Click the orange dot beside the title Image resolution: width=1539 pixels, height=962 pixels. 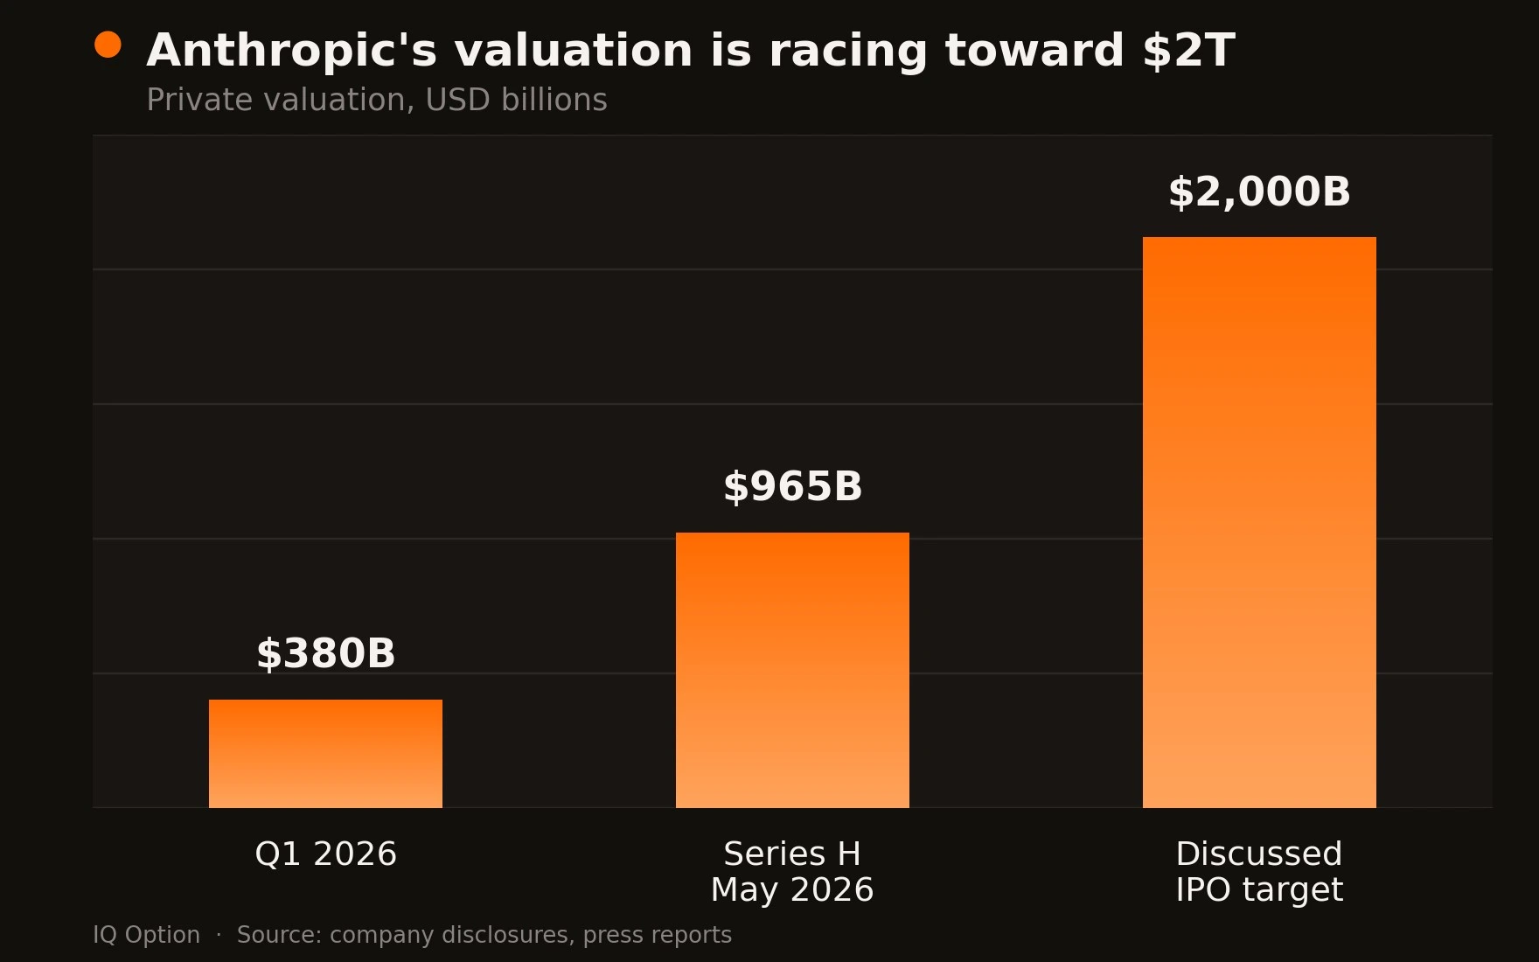coord(108,45)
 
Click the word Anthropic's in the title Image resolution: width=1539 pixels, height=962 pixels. coord(291,51)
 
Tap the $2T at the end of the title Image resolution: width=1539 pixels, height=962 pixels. coord(1188,51)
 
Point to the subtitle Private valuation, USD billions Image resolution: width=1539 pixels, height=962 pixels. coord(377,101)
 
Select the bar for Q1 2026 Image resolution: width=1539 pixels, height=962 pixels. coord(325,754)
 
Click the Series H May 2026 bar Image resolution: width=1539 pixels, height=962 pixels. coord(792,670)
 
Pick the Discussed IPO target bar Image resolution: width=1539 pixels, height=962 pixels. coord(1259,522)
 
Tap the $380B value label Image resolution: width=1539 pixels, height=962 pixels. coord(325,654)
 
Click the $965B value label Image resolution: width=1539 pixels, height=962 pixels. coord(792,487)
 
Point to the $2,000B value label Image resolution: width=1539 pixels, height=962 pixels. coord(1259,192)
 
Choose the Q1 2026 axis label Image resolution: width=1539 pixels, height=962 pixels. coord(325,854)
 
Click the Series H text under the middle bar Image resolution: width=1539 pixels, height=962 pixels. coord(792,854)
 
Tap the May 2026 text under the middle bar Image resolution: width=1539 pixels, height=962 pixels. coord(792,890)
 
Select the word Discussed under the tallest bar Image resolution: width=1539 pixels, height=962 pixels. coord(1259,854)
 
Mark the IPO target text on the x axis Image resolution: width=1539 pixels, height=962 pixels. coord(1259,890)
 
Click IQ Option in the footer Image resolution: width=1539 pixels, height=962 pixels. coord(147,935)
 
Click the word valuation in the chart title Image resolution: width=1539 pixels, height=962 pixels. coord(574,51)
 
